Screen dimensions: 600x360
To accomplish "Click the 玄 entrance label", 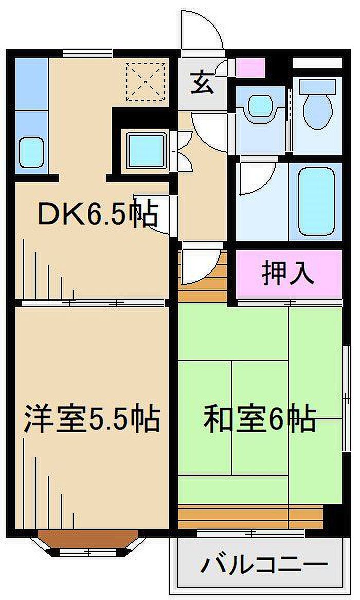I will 202,84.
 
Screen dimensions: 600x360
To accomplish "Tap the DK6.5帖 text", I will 97,215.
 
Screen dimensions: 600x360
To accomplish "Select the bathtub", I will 316,201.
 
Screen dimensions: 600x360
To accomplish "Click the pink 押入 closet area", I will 288,274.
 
